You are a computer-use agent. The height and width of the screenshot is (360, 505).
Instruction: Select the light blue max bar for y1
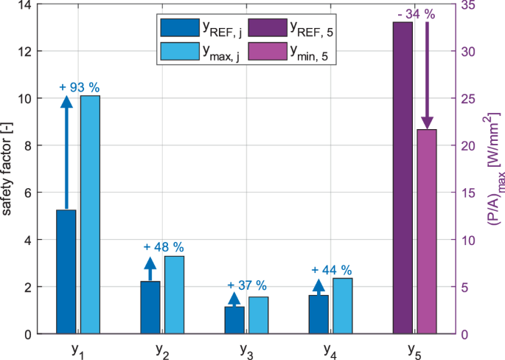click(90, 214)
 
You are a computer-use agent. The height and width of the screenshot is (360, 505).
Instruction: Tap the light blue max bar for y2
click(174, 294)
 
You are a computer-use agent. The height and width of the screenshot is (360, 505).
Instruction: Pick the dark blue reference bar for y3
click(234, 320)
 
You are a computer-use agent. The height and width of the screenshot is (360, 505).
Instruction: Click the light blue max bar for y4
click(342, 305)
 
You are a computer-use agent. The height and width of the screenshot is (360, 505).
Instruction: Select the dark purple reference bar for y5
click(403, 178)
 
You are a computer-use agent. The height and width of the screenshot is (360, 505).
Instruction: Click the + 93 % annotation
click(80, 87)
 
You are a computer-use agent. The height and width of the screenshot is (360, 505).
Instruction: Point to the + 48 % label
click(164, 246)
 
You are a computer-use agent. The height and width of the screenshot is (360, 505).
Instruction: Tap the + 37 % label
click(247, 285)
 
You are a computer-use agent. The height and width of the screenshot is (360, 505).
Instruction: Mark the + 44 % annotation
click(332, 270)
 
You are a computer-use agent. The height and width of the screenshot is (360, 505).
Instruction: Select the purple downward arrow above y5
click(427, 74)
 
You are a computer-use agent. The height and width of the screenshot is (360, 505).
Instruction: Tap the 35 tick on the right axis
click(465, 5)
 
